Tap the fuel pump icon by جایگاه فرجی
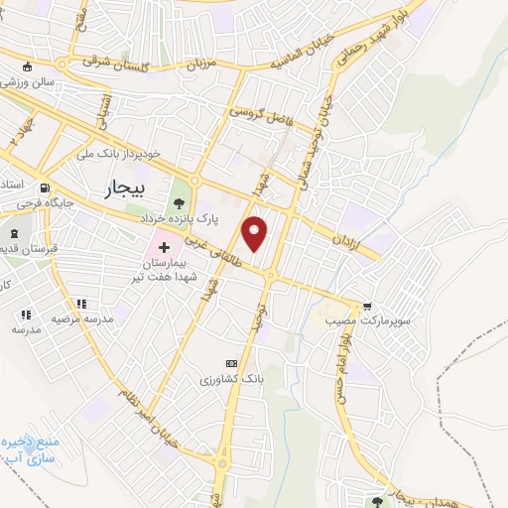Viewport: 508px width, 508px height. (44, 189)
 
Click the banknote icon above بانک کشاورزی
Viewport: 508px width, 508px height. (232, 364)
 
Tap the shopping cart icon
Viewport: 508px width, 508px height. (368, 306)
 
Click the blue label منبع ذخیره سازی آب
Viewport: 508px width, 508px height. (30, 448)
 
